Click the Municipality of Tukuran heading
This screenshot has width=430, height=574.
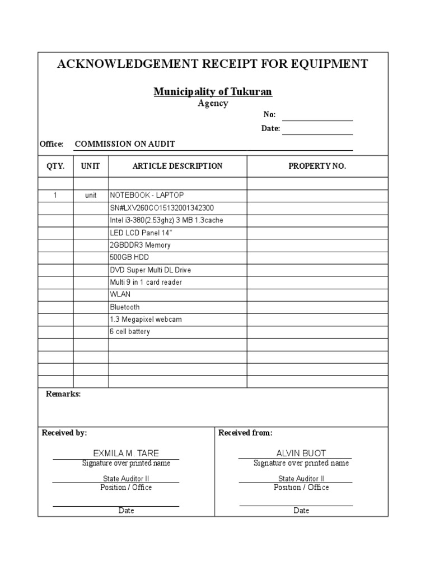tap(213, 91)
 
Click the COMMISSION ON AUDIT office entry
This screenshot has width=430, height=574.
tap(125, 144)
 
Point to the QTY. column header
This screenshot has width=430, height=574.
tap(55, 166)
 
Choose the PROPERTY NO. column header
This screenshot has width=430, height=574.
tap(317, 166)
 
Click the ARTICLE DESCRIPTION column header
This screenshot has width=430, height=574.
tap(177, 166)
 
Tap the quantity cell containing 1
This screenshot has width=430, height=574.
tap(55, 196)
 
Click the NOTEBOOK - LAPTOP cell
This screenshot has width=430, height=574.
tap(146, 195)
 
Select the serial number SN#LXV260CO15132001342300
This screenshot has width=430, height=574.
tap(162, 208)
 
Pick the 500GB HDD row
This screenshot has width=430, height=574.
tap(129, 257)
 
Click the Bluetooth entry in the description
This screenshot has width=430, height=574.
tap(125, 307)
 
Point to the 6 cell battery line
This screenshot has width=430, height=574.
tap(130, 332)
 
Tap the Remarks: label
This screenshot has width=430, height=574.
tap(63, 394)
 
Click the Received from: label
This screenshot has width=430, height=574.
tap(245, 433)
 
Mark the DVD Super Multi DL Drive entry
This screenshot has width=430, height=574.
tap(150, 270)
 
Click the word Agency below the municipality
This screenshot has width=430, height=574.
tap(213, 104)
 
